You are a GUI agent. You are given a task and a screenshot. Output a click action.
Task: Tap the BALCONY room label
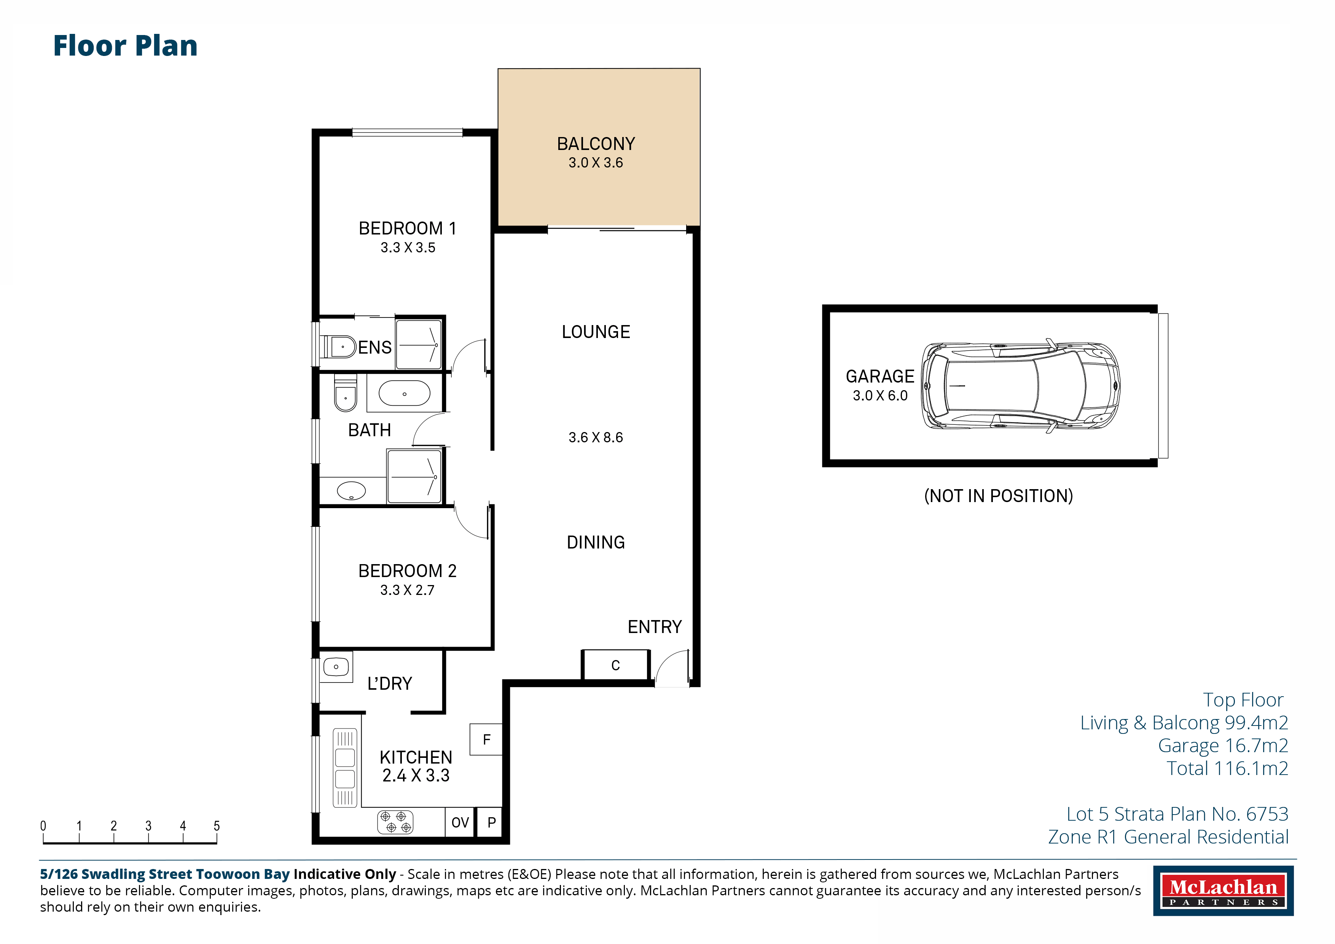(x=596, y=144)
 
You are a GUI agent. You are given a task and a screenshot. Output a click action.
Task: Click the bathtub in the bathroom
(x=405, y=394)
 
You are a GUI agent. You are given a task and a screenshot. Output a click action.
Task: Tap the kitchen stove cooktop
(x=395, y=822)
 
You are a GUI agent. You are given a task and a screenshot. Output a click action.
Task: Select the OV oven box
(x=460, y=823)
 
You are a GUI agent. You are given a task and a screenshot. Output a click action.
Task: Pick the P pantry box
(x=491, y=823)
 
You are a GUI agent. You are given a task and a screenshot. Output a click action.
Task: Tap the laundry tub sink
(x=336, y=667)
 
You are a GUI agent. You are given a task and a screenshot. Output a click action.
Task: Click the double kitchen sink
(x=345, y=768)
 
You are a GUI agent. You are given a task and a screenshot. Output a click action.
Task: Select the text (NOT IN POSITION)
(x=998, y=496)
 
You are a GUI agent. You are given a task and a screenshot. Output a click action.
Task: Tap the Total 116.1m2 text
(x=1227, y=769)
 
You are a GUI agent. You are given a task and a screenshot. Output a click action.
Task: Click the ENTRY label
(x=655, y=627)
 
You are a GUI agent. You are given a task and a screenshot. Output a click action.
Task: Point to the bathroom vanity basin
(x=351, y=491)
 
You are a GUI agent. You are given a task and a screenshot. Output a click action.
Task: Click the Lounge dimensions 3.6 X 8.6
(x=596, y=437)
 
